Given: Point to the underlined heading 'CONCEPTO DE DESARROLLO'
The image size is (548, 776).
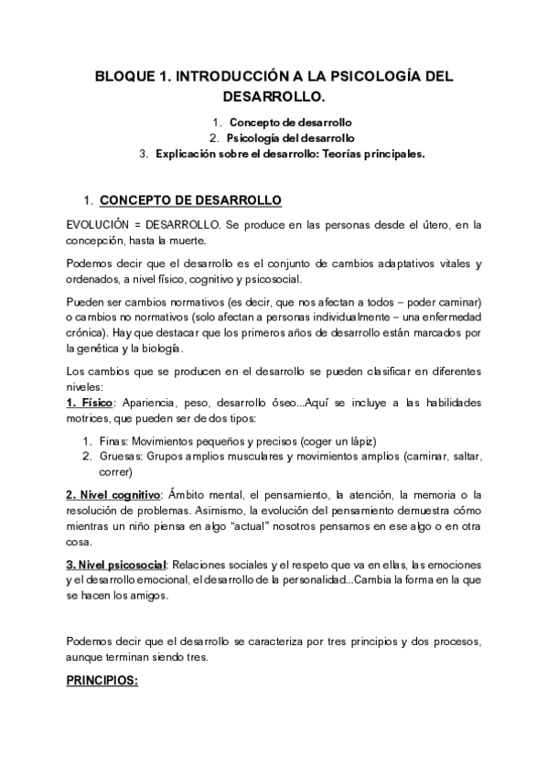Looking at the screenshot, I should pyautogui.click(x=190, y=199).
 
